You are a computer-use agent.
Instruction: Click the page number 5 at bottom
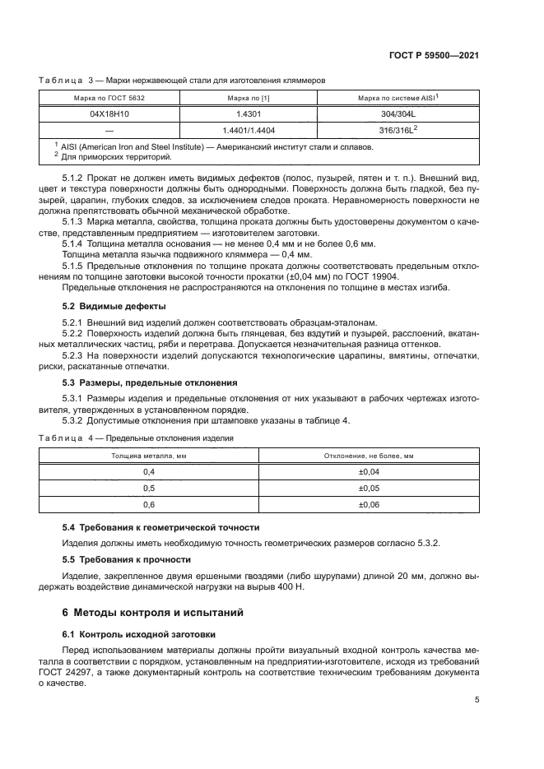pos(477,700)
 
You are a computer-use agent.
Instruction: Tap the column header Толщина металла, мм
pos(149,455)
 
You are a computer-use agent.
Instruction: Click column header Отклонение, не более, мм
pos(369,455)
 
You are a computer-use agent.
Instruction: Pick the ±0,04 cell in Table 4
pos(369,471)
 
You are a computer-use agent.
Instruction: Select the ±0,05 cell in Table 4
pos(369,488)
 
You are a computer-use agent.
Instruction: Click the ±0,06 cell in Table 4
pos(369,504)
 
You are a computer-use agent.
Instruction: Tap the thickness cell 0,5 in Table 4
pos(149,488)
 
